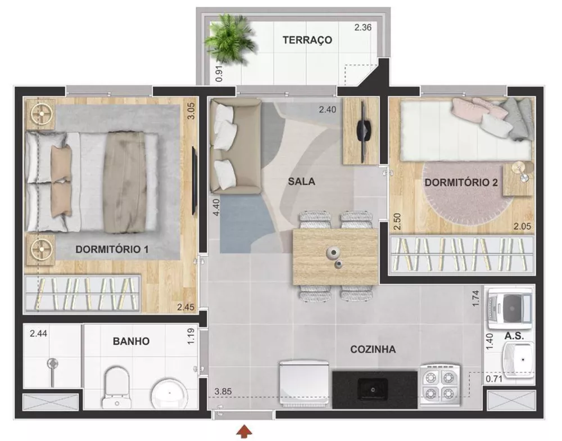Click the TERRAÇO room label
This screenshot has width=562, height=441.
[307, 40]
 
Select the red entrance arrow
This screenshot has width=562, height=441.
[243, 431]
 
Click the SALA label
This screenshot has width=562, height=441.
[302, 182]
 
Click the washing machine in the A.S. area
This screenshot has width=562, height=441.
[510, 309]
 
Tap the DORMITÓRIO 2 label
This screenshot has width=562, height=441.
[461, 183]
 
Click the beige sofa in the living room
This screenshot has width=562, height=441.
[233, 145]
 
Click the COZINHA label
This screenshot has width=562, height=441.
[373, 349]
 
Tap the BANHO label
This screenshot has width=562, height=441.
[131, 341]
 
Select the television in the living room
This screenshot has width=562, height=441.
[362, 130]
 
